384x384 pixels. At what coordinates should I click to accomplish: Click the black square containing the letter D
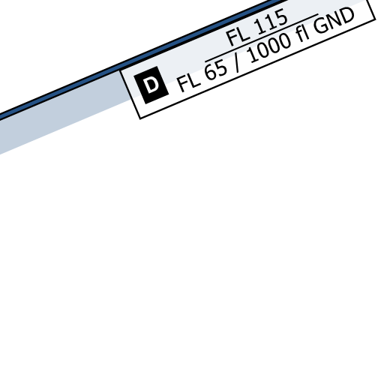point(151,85)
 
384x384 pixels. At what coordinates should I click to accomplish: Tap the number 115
point(271,22)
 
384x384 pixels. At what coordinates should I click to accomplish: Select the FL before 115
point(238,36)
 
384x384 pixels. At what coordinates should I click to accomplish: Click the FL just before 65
point(189,82)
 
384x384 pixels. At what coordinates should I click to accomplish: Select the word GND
point(334,21)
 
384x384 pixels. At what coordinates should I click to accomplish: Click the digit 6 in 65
point(211,73)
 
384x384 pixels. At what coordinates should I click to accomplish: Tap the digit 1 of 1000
point(253,55)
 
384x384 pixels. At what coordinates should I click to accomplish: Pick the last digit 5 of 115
point(281,18)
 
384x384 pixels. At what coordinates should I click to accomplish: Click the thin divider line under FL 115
point(262,37)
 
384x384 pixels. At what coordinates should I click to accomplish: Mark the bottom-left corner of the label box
point(140,118)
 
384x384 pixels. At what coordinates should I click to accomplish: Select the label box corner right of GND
point(375,19)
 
